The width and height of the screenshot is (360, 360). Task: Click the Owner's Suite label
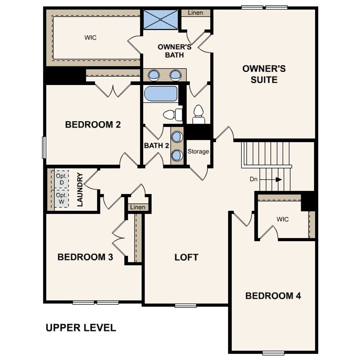[x=264, y=74]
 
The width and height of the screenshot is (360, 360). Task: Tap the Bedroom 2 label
[x=93, y=125]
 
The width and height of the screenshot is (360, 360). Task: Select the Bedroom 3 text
[x=85, y=257]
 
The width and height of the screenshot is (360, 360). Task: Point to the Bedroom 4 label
[x=273, y=296]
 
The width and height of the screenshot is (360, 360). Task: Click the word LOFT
[x=186, y=257]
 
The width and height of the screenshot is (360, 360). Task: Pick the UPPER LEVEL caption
[x=81, y=328]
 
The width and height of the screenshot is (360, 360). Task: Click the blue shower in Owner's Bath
[x=161, y=19]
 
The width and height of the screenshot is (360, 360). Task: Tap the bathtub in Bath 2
[x=161, y=94]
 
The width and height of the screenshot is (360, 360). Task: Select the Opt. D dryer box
[x=62, y=179]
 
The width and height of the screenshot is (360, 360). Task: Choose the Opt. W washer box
[x=62, y=198]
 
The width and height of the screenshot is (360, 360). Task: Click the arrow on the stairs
[x=278, y=179]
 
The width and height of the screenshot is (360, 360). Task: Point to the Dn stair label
[x=253, y=179]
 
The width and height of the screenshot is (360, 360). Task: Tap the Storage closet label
[x=198, y=151]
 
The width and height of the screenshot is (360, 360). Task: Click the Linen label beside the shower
[x=195, y=13]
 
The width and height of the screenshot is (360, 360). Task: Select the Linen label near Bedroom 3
[x=138, y=207]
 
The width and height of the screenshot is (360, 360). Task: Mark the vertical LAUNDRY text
[x=80, y=190]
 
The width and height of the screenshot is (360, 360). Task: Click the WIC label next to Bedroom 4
[x=282, y=219]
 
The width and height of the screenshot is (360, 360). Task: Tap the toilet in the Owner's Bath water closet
[x=199, y=114]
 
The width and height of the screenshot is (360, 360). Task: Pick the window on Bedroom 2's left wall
[x=44, y=147]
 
